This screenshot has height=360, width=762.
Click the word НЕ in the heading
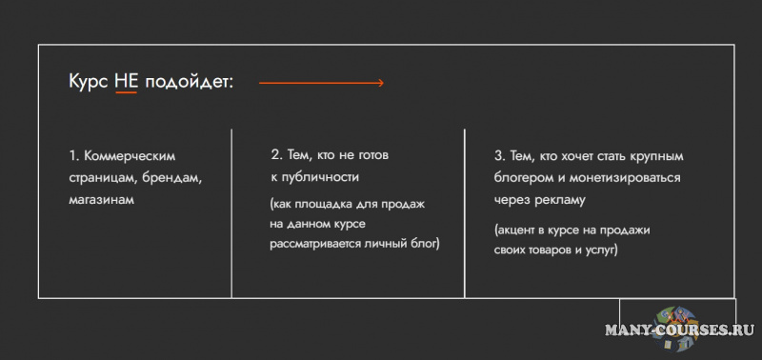[x=127, y=82]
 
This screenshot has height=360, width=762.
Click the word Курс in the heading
[x=89, y=82]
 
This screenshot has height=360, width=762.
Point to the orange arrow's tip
[x=382, y=83]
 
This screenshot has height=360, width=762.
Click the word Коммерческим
[x=130, y=155]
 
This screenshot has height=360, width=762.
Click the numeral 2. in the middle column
[x=276, y=154]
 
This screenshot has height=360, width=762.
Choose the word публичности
[x=320, y=177]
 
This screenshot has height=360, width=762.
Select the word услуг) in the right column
[x=600, y=250]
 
